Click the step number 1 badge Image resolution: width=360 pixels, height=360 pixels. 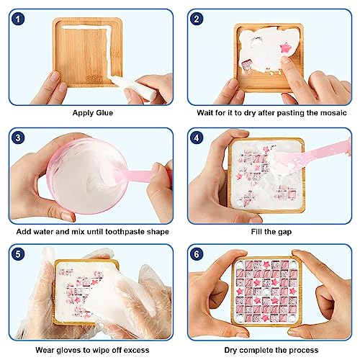18,19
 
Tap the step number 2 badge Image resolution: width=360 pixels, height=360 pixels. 197,19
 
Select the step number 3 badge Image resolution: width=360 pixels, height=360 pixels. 18,138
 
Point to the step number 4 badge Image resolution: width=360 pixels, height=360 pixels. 197,138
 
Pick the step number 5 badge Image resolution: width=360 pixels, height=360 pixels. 18,254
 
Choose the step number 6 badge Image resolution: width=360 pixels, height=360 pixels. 197,254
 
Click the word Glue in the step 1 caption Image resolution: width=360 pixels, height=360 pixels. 104,113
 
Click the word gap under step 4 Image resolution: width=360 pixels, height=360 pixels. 284,232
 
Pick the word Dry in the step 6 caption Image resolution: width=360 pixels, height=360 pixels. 231,351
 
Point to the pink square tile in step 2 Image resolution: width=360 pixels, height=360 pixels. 246,65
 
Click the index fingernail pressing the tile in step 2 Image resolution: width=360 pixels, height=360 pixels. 285,59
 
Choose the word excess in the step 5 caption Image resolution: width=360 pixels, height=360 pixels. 136,351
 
